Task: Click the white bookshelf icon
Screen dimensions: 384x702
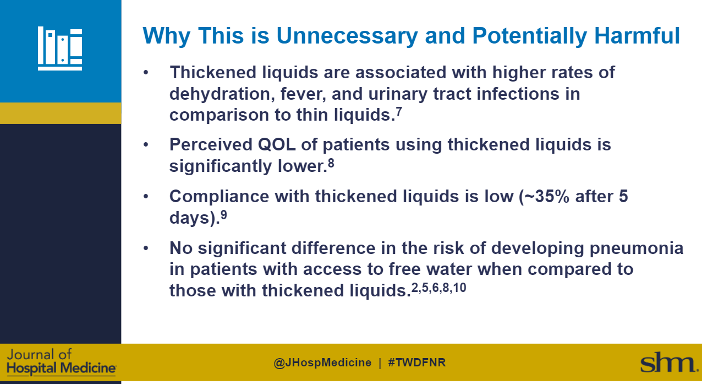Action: coord(60,48)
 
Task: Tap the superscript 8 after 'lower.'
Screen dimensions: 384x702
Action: coord(331,162)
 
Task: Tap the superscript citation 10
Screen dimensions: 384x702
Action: coord(460,286)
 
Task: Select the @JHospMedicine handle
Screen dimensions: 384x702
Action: coord(322,363)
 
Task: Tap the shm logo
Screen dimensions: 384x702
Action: coord(667,363)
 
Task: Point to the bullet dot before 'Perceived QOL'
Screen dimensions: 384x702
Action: coord(146,145)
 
